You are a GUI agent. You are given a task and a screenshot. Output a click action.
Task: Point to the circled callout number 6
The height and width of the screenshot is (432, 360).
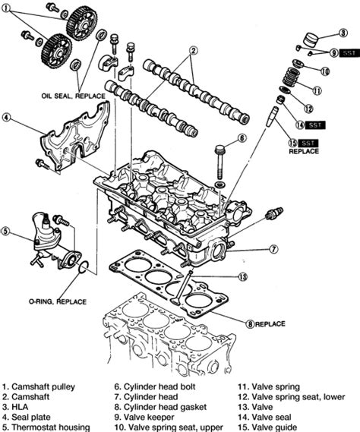point(242,138)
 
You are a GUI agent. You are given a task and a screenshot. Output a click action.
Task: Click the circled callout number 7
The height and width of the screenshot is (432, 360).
point(273,249)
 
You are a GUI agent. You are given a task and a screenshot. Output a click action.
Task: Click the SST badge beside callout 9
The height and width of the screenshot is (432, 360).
point(349,52)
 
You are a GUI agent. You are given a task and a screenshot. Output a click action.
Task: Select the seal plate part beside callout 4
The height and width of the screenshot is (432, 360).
point(72,140)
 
